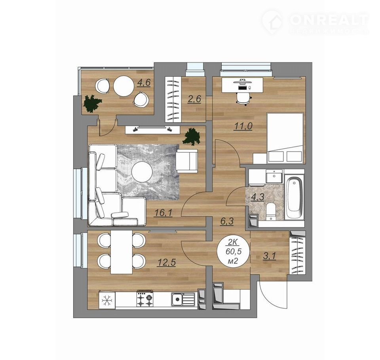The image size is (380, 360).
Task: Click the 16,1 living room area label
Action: click(163, 213)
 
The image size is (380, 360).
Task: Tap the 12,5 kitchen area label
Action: click(166, 262)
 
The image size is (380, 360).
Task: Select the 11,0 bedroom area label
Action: click(243, 126)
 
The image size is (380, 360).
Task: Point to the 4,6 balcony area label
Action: click(144, 82)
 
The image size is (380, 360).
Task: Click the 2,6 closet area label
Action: click(194, 99)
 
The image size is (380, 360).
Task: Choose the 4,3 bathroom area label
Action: click(257, 196)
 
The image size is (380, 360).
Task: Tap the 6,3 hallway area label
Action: click(226, 222)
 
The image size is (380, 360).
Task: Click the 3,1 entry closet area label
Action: click(270, 256)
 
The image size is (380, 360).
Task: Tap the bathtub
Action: click(294, 197)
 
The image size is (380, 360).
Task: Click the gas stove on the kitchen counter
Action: click(145, 299)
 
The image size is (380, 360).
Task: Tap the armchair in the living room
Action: click(187, 161)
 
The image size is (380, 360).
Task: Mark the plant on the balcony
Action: click(92, 103)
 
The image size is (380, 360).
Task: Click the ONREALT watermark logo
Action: click(315, 22)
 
